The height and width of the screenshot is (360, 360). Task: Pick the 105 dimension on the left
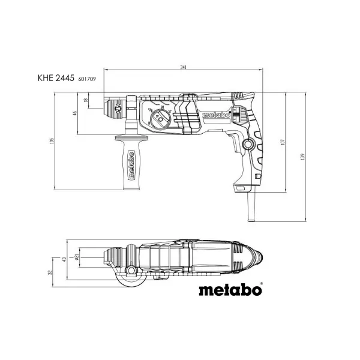tap(53, 141)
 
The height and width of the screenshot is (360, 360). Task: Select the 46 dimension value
tap(75, 113)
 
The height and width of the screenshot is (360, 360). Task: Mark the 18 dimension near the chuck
tap(86, 101)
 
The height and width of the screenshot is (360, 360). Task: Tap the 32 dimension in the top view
tap(51, 273)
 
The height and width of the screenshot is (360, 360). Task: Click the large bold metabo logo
tap(229, 291)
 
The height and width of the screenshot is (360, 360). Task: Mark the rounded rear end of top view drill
tap(257, 257)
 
